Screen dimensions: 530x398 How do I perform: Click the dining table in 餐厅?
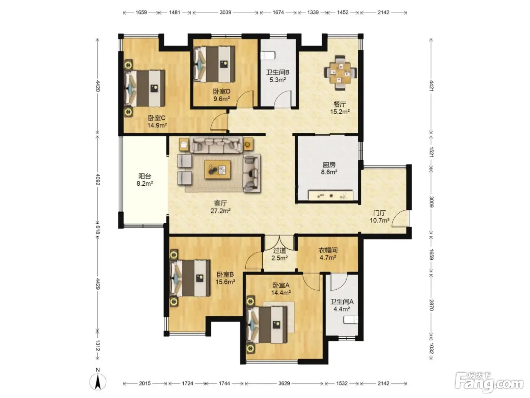click(340, 73)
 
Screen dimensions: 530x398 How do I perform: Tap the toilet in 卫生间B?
click(268, 55)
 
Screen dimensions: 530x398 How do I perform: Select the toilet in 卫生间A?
click(351, 320)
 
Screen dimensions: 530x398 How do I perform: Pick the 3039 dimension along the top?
click(225, 13)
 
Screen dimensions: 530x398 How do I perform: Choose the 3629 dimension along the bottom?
click(284, 383)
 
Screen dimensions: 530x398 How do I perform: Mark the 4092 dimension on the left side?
click(98, 179)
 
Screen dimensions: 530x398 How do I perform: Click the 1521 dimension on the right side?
click(432, 152)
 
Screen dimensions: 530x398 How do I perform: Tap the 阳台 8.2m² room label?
click(145, 180)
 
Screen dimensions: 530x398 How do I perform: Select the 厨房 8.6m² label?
click(329, 168)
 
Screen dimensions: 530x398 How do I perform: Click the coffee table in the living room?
click(217, 169)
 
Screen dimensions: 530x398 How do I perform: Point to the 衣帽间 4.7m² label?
click(328, 254)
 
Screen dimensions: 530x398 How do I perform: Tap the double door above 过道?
click(279, 242)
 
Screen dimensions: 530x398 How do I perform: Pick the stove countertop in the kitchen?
click(331, 195)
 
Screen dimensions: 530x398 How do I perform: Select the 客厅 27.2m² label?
click(220, 207)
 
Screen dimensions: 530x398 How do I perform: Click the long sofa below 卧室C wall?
click(216, 145)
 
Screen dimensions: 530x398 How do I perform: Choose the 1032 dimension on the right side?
click(432, 348)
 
